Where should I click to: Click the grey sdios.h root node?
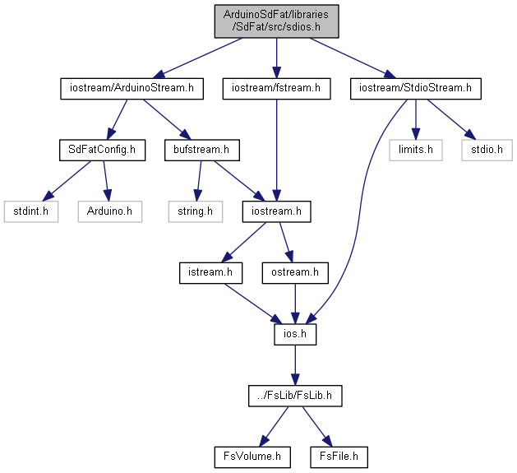point(276,21)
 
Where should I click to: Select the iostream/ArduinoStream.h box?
point(132,89)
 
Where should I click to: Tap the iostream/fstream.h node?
point(276,89)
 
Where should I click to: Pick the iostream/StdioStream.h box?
point(415,89)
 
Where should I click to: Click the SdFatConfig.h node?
point(102,151)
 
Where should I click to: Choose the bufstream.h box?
point(202,151)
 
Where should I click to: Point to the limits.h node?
point(415,151)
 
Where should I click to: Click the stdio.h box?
point(487,151)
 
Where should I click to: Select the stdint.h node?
point(31,211)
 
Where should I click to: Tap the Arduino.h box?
point(110,211)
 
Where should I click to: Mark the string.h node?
point(195,211)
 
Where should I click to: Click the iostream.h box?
point(276,211)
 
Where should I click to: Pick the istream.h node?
point(210,273)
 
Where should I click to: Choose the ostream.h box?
point(295,273)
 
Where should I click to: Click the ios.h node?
point(295,335)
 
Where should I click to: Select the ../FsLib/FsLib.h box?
point(295,396)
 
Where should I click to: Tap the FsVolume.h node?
point(252,457)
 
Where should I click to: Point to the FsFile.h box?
point(339,457)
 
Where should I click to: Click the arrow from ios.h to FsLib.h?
point(295,365)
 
